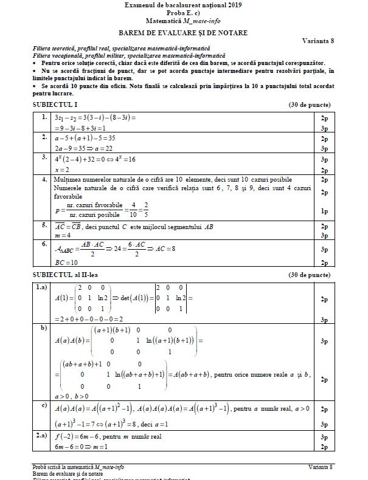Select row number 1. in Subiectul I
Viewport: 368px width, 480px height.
[x=44, y=116]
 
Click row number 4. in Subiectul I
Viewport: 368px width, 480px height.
[x=44, y=180]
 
